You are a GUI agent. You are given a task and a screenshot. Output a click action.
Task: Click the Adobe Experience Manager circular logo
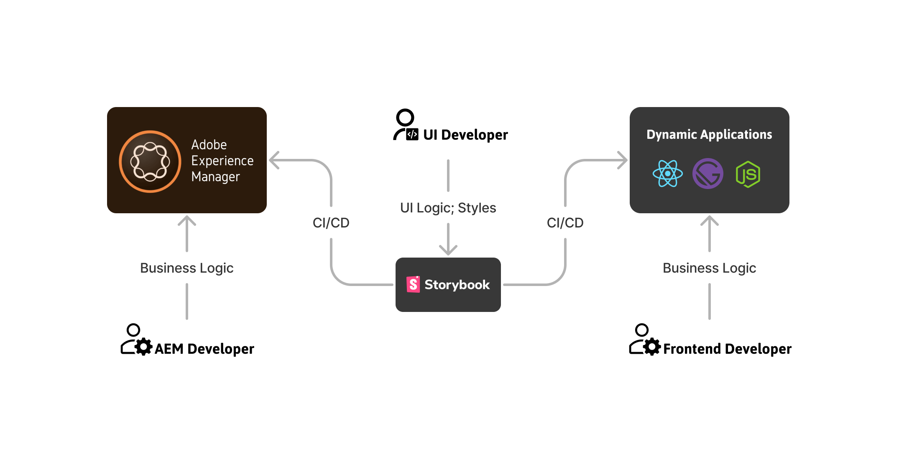[x=150, y=161]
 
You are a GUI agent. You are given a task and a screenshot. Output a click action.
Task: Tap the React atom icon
[x=668, y=174]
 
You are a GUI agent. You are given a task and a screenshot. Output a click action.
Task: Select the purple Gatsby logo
[x=708, y=174]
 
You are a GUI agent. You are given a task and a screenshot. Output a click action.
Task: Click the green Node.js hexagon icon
[x=748, y=174]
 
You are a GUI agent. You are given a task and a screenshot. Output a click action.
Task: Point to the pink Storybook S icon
[x=413, y=284]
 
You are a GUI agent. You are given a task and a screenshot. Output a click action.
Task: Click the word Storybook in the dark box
[x=457, y=285]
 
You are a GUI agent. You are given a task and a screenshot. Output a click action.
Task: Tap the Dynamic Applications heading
[x=709, y=135]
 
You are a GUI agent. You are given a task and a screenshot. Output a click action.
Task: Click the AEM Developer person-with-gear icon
[x=136, y=340]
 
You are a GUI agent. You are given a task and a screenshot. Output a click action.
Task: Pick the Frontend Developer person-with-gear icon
[x=645, y=340]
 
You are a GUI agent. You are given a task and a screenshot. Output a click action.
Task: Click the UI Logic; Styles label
[x=448, y=208]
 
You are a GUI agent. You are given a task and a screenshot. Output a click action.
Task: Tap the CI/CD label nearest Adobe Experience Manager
[x=331, y=223]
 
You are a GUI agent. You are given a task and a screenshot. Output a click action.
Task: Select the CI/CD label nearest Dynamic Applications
[x=565, y=223]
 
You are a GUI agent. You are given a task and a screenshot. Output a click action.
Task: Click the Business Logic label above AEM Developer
[x=186, y=268]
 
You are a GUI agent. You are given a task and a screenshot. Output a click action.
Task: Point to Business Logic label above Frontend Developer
[x=709, y=268]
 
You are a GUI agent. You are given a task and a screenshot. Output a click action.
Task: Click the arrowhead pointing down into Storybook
[x=448, y=250]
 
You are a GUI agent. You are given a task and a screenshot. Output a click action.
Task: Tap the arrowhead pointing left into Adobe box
[x=274, y=160]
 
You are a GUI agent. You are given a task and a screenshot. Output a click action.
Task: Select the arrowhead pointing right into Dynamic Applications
[x=623, y=160]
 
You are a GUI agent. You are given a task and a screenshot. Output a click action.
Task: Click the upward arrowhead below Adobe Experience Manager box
[x=187, y=221]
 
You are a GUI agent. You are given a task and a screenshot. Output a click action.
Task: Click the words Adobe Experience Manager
[x=222, y=161]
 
